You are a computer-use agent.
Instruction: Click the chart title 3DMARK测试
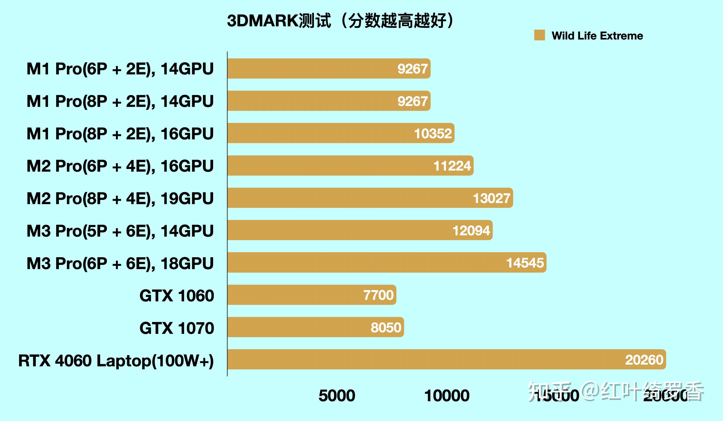tap(340, 21)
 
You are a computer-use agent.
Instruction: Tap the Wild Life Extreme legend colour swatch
tap(539, 35)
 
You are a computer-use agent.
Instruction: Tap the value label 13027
tap(491, 198)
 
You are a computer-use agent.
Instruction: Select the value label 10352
tap(433, 133)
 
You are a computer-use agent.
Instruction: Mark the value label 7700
tap(378, 295)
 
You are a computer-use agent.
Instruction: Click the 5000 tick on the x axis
tap(337, 396)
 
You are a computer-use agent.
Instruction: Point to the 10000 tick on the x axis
tap(447, 396)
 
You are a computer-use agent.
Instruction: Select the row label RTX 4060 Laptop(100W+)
tap(116, 360)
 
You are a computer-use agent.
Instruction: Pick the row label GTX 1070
tap(177, 328)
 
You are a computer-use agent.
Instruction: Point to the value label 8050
tap(386, 327)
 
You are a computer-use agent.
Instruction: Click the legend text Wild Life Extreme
tap(597, 36)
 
